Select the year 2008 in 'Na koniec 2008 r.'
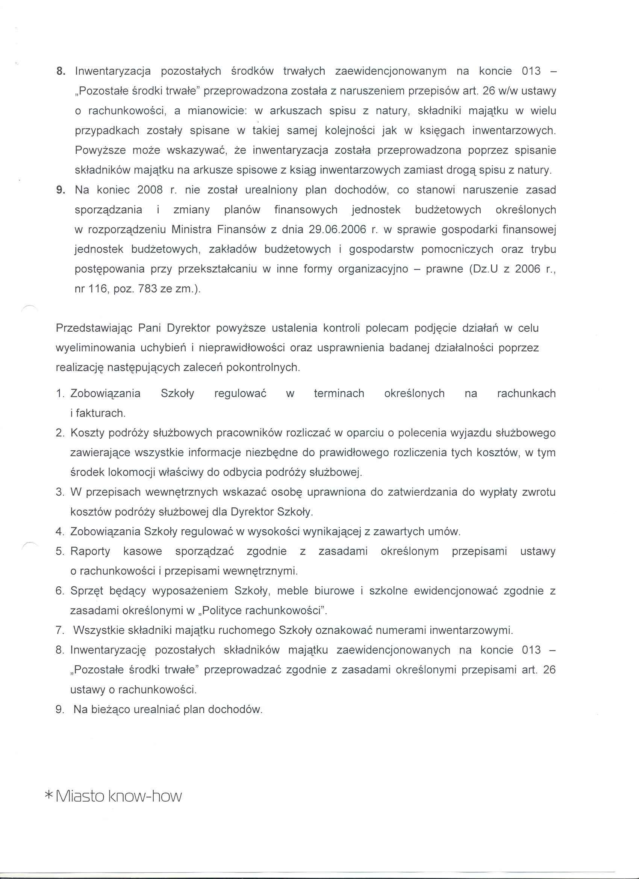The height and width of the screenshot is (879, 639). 150,190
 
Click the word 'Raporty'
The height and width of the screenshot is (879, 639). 90,551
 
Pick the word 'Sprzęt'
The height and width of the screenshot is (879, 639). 87,591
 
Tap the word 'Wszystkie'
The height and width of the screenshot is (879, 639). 97,630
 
